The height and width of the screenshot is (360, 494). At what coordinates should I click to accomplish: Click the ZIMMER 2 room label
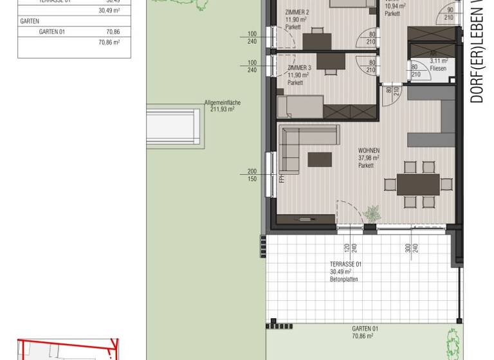coord(298,12)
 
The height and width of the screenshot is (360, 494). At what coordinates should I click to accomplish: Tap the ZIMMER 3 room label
coord(299,67)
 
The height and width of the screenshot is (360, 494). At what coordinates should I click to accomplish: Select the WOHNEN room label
coord(369,150)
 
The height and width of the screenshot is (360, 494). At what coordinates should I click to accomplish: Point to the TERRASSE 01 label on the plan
coord(345,264)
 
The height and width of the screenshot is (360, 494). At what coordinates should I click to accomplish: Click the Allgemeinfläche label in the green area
coord(219,102)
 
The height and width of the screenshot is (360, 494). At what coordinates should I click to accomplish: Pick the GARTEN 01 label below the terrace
coord(365,328)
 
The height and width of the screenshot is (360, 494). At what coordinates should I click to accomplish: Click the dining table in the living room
coord(417,184)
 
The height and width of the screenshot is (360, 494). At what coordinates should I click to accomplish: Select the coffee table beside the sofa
coord(320,159)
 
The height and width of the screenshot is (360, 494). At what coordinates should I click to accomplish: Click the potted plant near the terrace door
coord(372,213)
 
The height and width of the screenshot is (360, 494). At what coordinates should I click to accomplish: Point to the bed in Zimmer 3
coord(300,106)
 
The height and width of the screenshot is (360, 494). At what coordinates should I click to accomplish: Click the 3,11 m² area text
coord(421,61)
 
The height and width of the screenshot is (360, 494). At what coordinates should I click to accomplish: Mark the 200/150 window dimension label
coord(252,175)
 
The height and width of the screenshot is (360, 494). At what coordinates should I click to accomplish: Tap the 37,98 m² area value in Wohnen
coord(369,158)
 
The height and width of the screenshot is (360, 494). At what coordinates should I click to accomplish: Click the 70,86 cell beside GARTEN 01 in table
coord(113,32)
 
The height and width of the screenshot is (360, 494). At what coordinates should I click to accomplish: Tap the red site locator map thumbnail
coord(68,349)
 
